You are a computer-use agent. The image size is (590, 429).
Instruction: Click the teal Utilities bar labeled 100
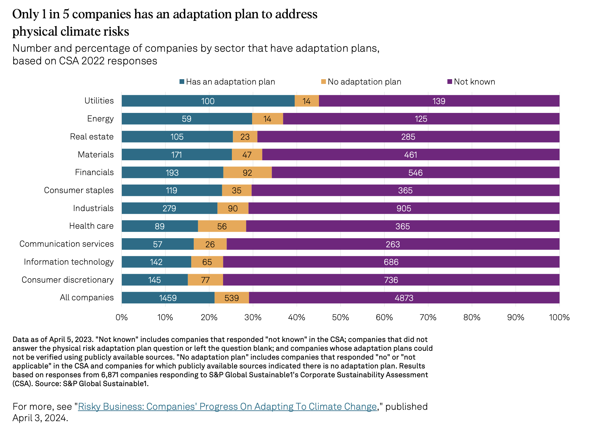(x=208, y=101)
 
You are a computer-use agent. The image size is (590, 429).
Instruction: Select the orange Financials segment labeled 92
(x=247, y=173)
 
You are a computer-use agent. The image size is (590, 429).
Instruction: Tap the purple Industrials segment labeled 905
(x=404, y=209)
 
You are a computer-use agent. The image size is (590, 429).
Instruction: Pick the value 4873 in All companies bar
(x=404, y=298)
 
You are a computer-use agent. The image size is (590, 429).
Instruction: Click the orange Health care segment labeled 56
(x=222, y=226)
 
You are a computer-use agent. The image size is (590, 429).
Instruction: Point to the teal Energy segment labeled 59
(x=187, y=119)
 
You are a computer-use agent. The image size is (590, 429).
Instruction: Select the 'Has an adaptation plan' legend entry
(x=227, y=82)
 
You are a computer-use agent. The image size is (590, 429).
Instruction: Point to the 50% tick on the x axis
(x=340, y=317)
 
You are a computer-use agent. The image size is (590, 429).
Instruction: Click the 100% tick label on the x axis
(x=559, y=317)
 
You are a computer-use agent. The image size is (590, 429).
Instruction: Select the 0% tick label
(x=122, y=317)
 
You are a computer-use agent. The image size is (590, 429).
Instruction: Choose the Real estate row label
(x=92, y=137)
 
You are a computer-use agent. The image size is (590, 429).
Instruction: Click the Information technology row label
(x=69, y=262)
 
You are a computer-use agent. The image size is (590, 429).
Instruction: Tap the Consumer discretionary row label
(x=68, y=280)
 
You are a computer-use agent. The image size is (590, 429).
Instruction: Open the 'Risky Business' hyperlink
(x=227, y=407)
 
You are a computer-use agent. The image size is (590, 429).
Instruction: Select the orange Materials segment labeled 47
(x=247, y=155)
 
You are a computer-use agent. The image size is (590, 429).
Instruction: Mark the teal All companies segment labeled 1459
(x=168, y=298)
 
